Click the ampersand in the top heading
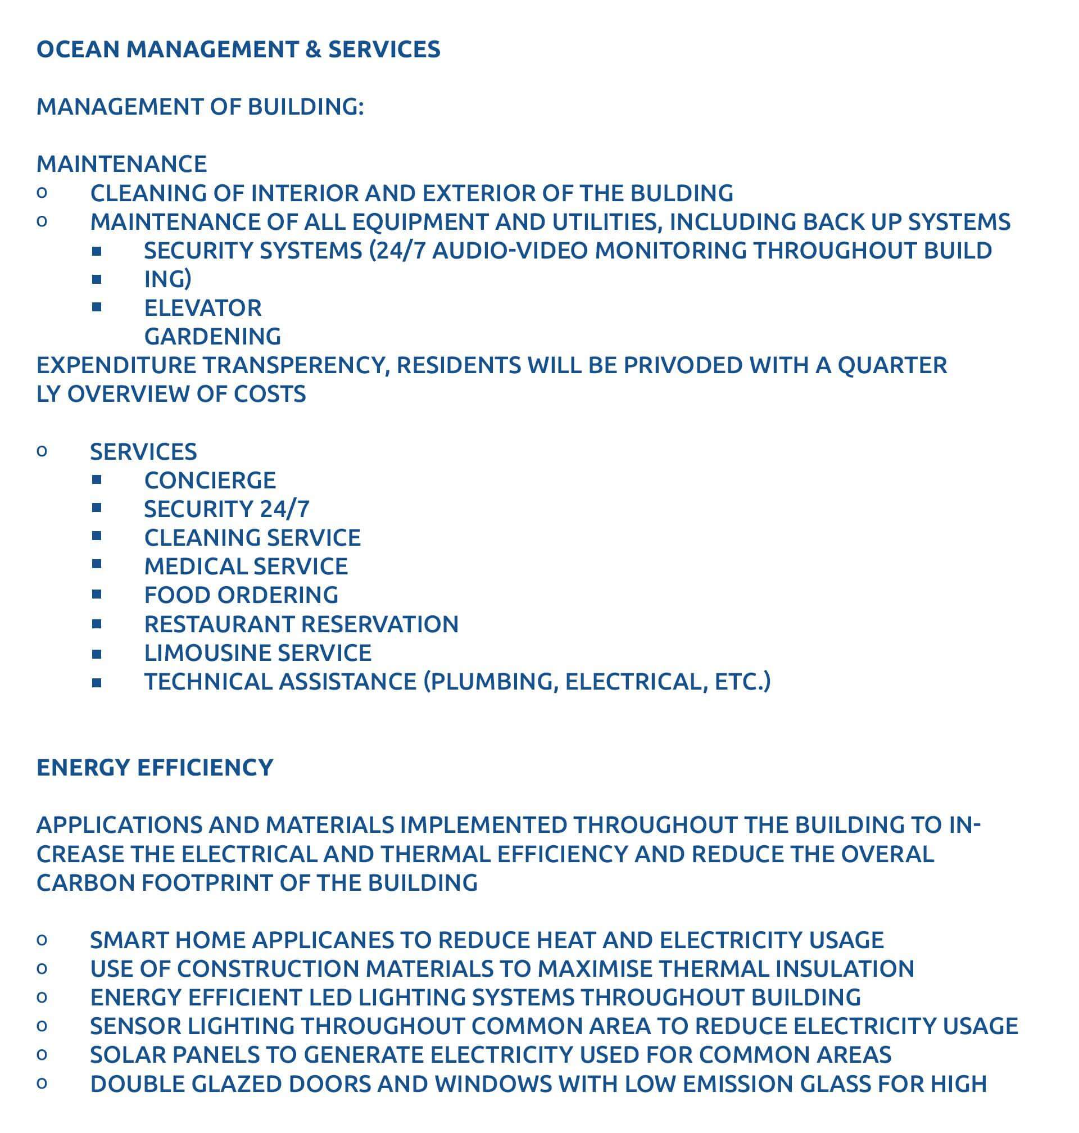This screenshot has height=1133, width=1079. [313, 49]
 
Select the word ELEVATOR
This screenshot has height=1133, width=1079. [202, 309]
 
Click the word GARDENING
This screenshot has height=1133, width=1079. [212, 337]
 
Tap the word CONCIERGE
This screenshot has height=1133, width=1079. [210, 480]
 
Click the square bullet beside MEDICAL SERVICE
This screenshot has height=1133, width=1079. [97, 565]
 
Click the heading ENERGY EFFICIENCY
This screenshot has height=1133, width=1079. [155, 768]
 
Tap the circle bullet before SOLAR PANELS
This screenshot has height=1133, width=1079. [42, 1055]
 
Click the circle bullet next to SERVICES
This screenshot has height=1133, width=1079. [42, 451]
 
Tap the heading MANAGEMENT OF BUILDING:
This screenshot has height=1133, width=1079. [200, 107]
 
